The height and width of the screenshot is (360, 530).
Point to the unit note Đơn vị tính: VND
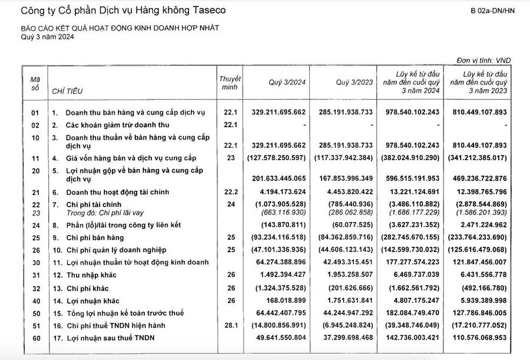[x=485, y=61]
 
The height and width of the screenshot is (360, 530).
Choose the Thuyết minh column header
[x=229, y=82]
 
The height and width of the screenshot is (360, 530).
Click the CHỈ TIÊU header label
[x=67, y=91]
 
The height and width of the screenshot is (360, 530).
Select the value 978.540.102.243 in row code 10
[x=410, y=145]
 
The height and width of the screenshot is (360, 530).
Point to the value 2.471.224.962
[x=478, y=225]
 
